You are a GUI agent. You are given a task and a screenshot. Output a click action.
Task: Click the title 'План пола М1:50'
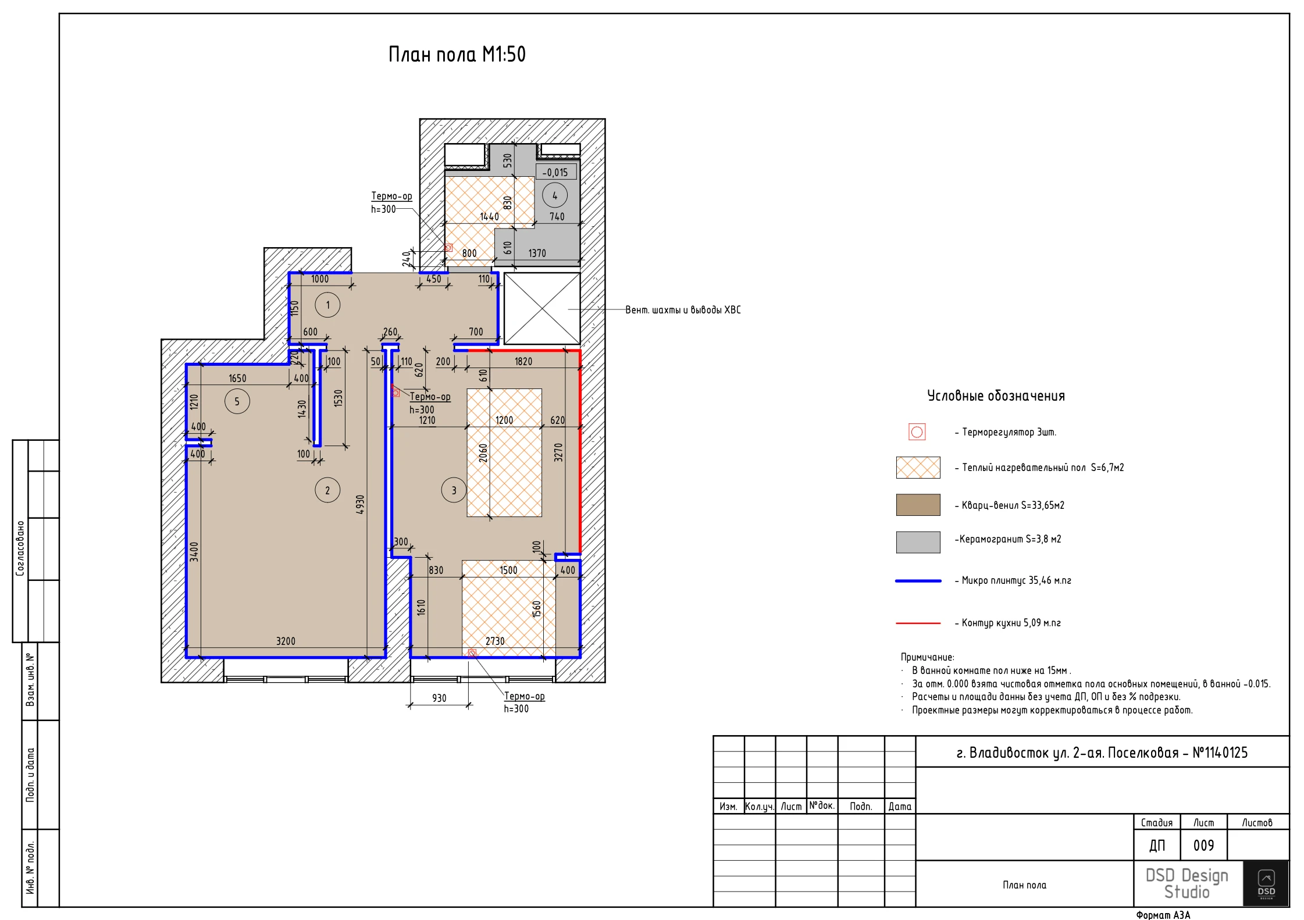tap(457, 55)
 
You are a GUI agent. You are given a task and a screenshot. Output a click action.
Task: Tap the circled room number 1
tap(327, 305)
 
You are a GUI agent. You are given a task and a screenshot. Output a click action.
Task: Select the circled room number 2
tap(327, 490)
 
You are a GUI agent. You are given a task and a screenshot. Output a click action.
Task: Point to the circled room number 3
tap(454, 490)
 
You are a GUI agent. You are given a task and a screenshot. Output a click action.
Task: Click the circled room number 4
tap(555, 195)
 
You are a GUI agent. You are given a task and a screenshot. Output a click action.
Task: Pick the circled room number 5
tap(237, 401)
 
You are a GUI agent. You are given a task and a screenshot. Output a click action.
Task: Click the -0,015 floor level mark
tap(555, 172)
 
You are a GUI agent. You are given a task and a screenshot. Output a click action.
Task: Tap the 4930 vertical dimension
tap(361, 504)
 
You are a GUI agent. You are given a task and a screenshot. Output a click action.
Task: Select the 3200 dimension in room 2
tap(286, 641)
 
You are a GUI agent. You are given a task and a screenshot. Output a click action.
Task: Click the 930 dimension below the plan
tap(439, 698)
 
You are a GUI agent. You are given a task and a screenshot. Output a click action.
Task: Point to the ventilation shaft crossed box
tap(541, 309)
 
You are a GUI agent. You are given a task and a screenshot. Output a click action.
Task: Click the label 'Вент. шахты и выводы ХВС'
tap(683, 310)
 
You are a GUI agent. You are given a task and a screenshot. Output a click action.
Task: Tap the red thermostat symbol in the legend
tap(917, 432)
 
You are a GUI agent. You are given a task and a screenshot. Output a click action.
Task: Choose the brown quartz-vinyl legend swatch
tap(918, 505)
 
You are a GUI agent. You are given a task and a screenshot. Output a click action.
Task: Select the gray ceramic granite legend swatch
tap(918, 542)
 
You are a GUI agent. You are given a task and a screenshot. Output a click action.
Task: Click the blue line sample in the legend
tap(918, 581)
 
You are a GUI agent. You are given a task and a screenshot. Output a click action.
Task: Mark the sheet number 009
tap(1203, 846)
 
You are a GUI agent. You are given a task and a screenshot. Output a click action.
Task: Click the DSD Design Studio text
tap(1187, 883)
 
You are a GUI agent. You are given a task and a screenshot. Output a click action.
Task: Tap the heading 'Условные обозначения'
tap(996, 396)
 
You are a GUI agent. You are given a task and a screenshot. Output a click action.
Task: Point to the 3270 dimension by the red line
tap(558, 452)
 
